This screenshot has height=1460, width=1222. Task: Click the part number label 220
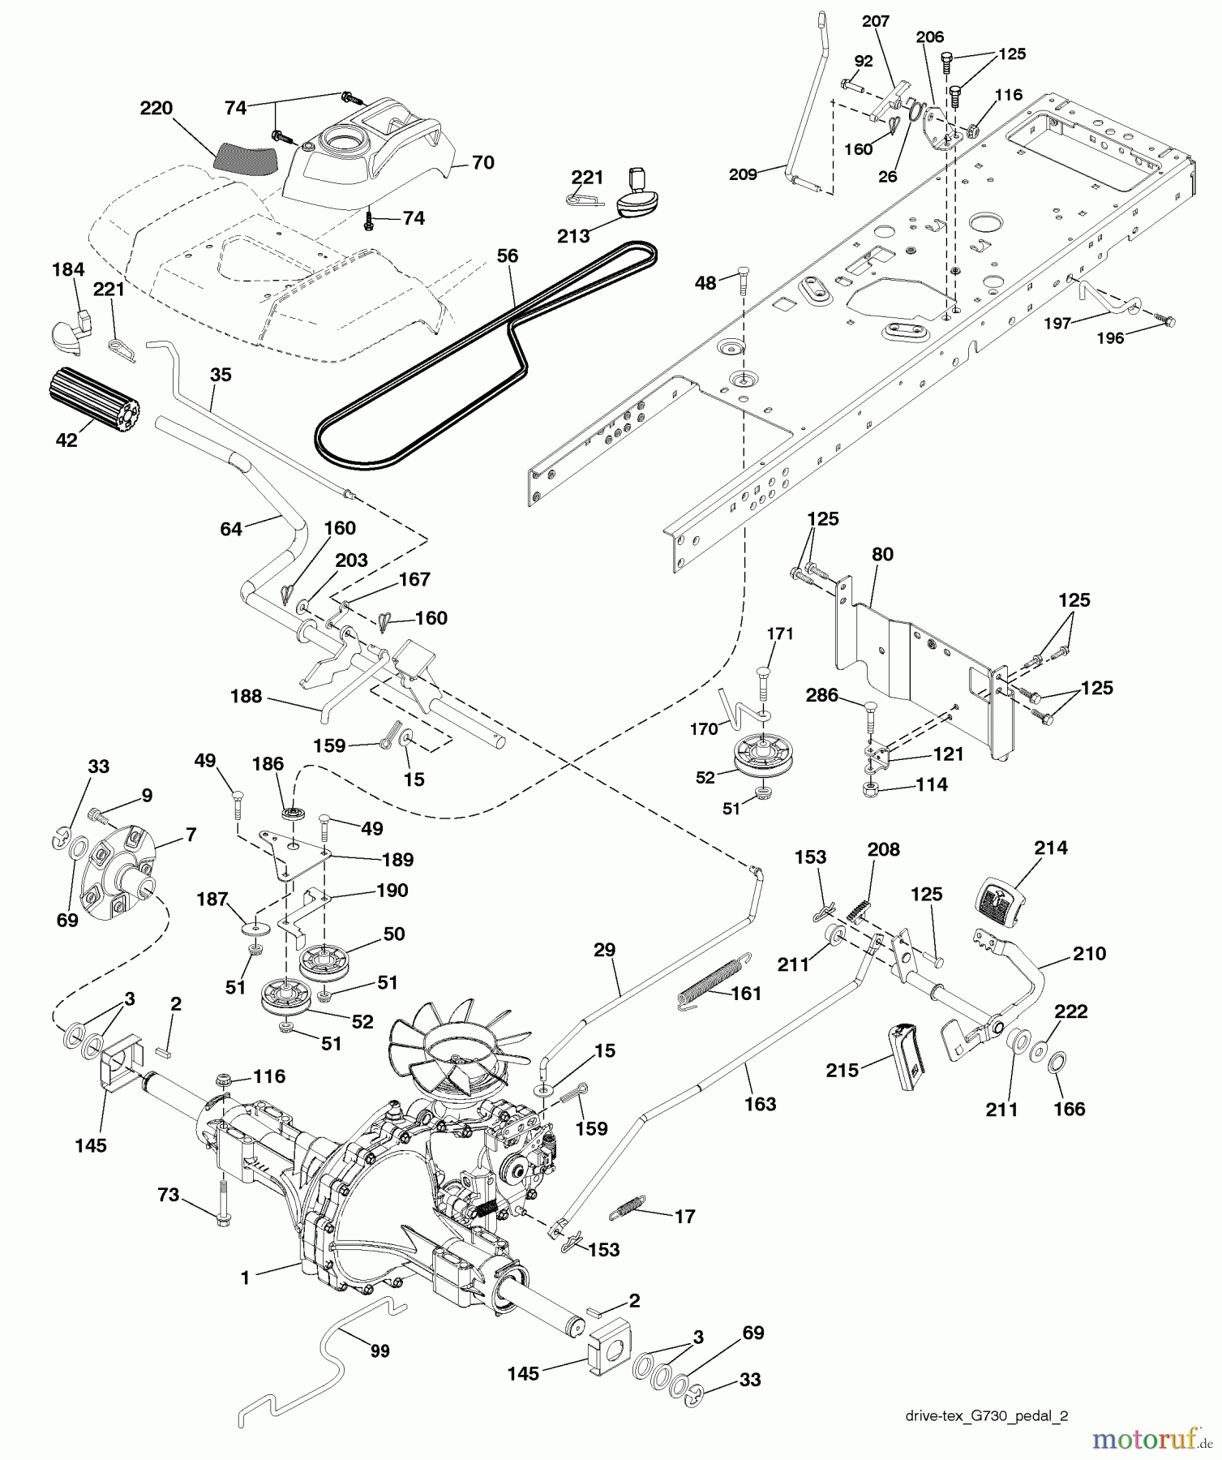click(x=157, y=108)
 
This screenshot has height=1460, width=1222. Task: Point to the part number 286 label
click(x=822, y=695)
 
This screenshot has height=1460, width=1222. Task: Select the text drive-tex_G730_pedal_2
click(x=986, y=1415)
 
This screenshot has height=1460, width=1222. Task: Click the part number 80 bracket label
click(x=882, y=554)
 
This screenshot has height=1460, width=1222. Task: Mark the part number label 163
click(x=760, y=1103)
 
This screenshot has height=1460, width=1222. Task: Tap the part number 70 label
click(x=482, y=163)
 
